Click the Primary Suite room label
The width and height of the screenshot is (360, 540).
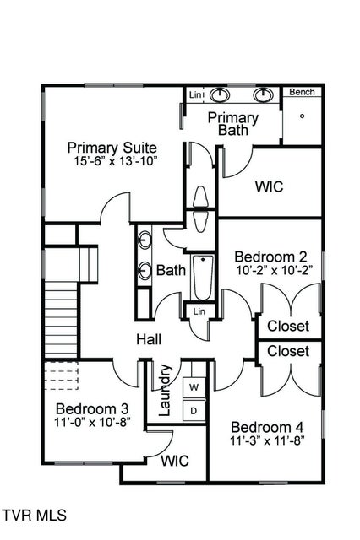(x=112, y=148)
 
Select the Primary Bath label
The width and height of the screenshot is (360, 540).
(x=232, y=123)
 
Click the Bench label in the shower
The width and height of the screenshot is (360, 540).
(x=302, y=92)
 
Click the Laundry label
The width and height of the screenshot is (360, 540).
(x=166, y=390)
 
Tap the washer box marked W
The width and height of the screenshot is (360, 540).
(x=194, y=387)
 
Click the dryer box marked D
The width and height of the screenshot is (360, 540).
(x=194, y=411)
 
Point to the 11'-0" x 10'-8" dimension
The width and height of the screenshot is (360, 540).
(x=88, y=424)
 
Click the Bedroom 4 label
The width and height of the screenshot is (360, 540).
(x=265, y=426)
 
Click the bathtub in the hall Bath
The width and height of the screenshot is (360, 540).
(x=203, y=278)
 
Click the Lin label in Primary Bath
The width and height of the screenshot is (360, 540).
(x=195, y=94)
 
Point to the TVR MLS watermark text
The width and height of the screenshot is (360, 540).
(x=34, y=515)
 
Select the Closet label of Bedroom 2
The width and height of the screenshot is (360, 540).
(x=288, y=326)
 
